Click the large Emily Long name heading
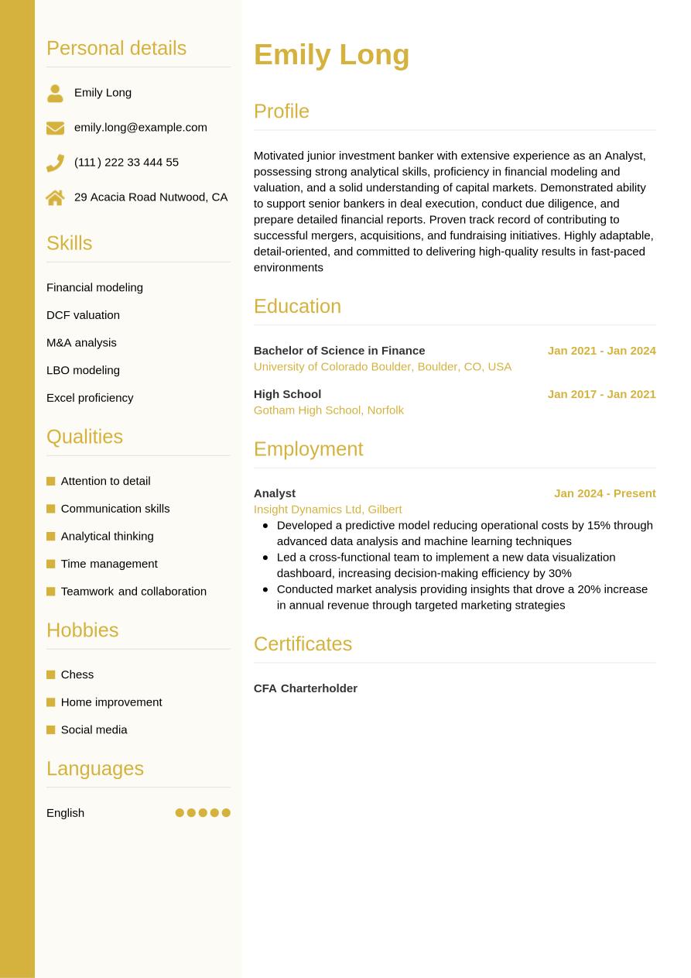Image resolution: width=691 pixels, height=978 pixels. pyautogui.click(x=331, y=55)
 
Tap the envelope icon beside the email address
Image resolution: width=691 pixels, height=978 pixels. pyautogui.click(x=55, y=128)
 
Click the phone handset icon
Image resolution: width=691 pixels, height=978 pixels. pyautogui.click(x=55, y=163)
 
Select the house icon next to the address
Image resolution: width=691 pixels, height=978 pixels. pyautogui.click(x=55, y=197)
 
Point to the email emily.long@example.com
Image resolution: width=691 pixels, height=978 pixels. pyautogui.click(x=140, y=127)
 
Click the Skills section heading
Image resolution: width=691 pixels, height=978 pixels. pyautogui.click(x=69, y=243)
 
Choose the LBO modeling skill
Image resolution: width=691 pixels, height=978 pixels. pyautogui.click(x=83, y=370)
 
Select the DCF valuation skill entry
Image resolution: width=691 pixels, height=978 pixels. pyautogui.click(x=83, y=315)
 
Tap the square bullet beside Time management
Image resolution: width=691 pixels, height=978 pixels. pyautogui.click(x=51, y=564)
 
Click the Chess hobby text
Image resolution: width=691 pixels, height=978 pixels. pyautogui.click(x=77, y=674)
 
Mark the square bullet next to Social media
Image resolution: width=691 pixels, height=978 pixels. pyautogui.click(x=51, y=729)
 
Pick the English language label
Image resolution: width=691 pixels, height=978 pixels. pyautogui.click(x=65, y=812)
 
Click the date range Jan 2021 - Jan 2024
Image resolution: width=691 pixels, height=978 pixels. pyautogui.click(x=601, y=351)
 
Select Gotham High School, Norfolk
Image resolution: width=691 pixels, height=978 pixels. pyautogui.click(x=328, y=410)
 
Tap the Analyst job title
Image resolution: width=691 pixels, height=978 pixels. pyautogui.click(x=275, y=493)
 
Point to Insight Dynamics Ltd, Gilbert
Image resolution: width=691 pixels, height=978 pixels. pyautogui.click(x=327, y=510)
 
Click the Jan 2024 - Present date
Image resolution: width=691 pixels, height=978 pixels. pyautogui.click(x=604, y=493)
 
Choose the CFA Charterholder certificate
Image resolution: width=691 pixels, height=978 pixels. pyautogui.click(x=305, y=688)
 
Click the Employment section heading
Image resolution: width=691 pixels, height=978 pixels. pyautogui.click(x=308, y=449)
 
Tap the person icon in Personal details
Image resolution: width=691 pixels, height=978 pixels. pyautogui.click(x=55, y=93)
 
